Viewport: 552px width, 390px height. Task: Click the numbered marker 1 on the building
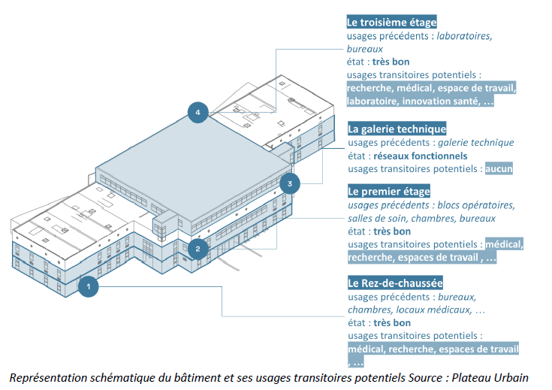pyautogui.click(x=88, y=286)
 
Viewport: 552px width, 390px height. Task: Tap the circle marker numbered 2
pyautogui.click(x=197, y=249)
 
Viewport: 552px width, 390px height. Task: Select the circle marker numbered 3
pyautogui.click(x=290, y=183)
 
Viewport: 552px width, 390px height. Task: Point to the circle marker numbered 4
pyautogui.click(x=198, y=113)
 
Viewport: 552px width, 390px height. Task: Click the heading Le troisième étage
pyautogui.click(x=391, y=23)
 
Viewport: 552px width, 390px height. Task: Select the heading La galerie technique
pyautogui.click(x=397, y=128)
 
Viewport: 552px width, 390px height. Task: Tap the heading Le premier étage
pyautogui.click(x=388, y=191)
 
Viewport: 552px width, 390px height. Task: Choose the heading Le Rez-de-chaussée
pyautogui.click(x=395, y=283)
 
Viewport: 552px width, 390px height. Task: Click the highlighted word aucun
pyautogui.click(x=499, y=168)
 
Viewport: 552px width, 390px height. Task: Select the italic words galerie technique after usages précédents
pyautogui.click(x=475, y=142)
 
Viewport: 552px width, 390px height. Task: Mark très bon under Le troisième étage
pyautogui.click(x=391, y=62)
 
